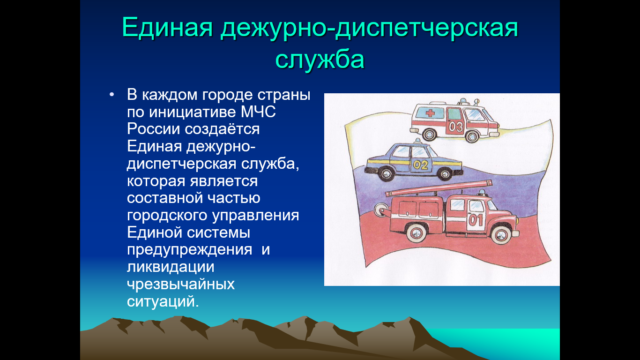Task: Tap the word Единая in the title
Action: pos(167,28)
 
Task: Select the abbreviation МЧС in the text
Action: pos(258,112)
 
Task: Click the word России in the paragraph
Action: pos(153,129)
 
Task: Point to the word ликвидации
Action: pos(171,267)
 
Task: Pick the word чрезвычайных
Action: pos(181,285)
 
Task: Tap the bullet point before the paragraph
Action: pos(112,95)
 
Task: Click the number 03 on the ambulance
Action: pos(455,126)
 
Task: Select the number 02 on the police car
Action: pos(421,165)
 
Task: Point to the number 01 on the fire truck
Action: pos(476,220)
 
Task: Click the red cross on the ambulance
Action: pos(430,113)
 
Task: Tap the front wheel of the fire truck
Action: pos(501,234)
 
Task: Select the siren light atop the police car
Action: pos(418,141)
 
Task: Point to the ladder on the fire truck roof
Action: pos(439,188)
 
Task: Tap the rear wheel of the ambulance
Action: pos(429,134)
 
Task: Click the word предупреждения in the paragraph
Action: pos(189,250)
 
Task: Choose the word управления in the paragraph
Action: pos(255,216)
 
